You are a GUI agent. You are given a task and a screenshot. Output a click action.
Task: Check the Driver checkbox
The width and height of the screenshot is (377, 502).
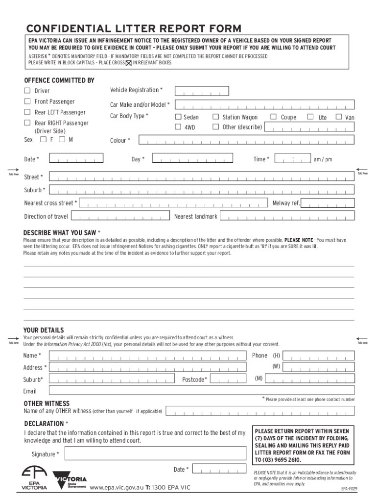click(x=27, y=91)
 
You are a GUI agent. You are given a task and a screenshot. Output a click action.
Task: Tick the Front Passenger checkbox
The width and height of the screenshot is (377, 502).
click(x=27, y=101)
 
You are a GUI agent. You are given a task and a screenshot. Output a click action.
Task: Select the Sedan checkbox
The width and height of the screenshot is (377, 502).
click(x=179, y=117)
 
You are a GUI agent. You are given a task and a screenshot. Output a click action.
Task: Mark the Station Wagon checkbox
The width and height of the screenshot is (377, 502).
click(x=215, y=117)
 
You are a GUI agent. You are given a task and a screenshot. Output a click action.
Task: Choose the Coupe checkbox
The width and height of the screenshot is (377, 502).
click(x=274, y=117)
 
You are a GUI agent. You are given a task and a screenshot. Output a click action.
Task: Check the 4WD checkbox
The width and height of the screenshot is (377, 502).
click(x=179, y=127)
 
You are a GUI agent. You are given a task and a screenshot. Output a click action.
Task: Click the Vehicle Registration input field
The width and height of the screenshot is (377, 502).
click(x=202, y=91)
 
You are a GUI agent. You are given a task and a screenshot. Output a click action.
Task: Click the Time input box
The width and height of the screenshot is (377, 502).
click(x=292, y=159)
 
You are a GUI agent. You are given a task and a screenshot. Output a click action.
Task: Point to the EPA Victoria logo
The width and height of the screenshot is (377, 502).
click(x=34, y=477)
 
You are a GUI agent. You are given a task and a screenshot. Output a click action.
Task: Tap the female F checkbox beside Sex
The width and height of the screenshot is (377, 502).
click(x=44, y=140)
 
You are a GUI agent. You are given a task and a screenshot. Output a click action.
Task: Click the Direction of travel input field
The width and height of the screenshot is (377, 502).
click(x=120, y=216)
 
